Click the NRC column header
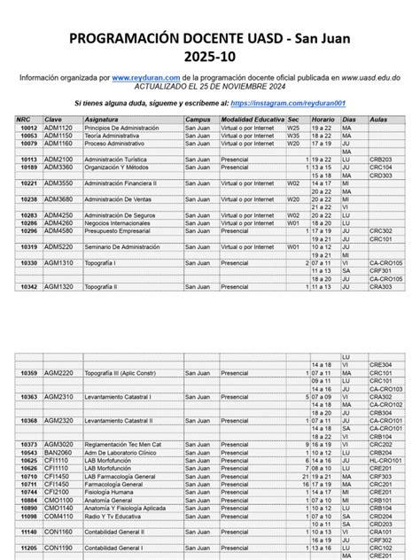point(29,119)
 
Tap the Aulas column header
point(377,119)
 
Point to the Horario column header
point(323,119)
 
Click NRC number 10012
point(29,127)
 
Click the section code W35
point(293,135)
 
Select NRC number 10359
point(29,373)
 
